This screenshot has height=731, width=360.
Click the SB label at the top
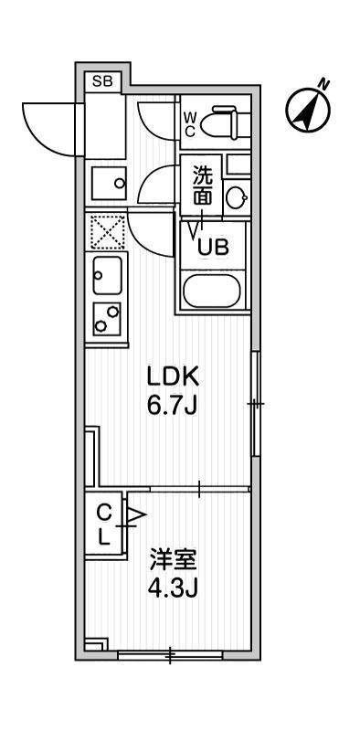coord(102,81)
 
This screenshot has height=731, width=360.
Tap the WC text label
coord(189,124)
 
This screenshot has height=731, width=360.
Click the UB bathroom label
coord(213,247)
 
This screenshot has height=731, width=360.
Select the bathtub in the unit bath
coord(211,291)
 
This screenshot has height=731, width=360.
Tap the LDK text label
coord(173,376)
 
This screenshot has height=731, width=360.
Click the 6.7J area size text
coord(173,406)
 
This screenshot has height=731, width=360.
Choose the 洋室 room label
coord(173,560)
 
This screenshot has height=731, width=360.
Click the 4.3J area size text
coord(173,588)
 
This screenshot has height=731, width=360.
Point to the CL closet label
coord(104,526)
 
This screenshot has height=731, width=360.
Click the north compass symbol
coord(308,110)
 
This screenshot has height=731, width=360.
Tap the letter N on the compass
coord(323,84)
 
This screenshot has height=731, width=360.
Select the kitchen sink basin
coord(107,275)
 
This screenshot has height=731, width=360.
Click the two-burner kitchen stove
coord(107,318)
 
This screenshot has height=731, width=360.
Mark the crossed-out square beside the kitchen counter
coord(107,231)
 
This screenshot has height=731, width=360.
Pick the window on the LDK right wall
coord(256,404)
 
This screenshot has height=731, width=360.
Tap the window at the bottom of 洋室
coord(171,655)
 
